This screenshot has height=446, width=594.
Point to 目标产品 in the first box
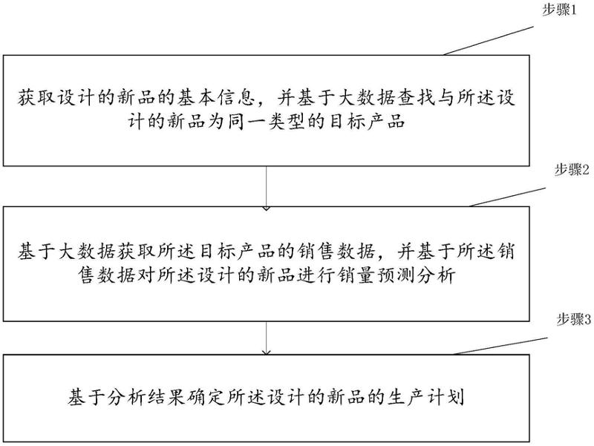tap(368, 120)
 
